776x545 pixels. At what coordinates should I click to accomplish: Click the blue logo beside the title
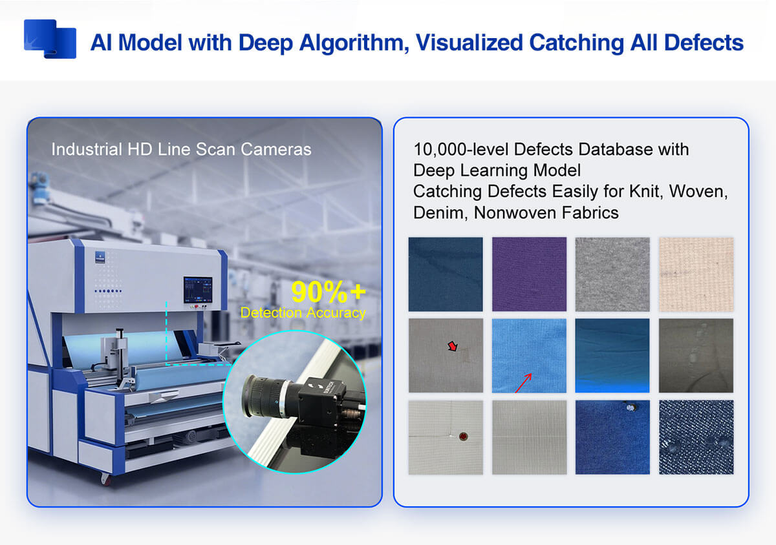pyautogui.click(x=50, y=39)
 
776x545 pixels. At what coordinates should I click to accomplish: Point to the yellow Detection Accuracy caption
pyautogui.click(x=303, y=313)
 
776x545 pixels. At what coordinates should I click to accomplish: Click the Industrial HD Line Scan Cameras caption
pyautogui.click(x=181, y=149)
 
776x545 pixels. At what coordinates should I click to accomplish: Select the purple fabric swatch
pyautogui.click(x=529, y=274)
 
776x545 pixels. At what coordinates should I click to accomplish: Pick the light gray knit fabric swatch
pyautogui.click(x=612, y=274)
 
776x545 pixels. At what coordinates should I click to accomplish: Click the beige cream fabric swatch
pyautogui.click(x=696, y=274)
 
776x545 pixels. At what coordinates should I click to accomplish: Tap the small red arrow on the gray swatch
pyautogui.click(x=453, y=347)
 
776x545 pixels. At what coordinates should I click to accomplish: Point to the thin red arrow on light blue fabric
pyautogui.click(x=523, y=382)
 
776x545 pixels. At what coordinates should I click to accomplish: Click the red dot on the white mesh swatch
pyautogui.click(x=461, y=435)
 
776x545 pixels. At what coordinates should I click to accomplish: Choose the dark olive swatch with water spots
pyautogui.click(x=696, y=355)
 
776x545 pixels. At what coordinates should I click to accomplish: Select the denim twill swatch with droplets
pyautogui.click(x=696, y=437)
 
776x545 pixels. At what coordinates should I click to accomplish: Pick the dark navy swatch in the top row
pyautogui.click(x=446, y=274)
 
